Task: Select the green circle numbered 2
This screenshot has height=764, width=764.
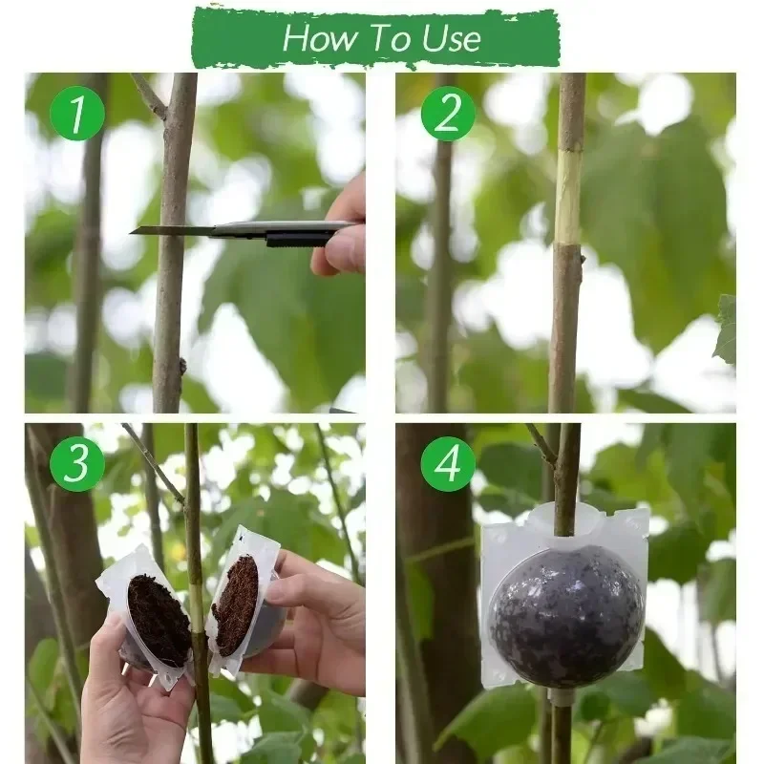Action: [x=447, y=114]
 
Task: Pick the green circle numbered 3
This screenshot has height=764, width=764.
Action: [x=76, y=464]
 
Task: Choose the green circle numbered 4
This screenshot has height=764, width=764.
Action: [x=447, y=464]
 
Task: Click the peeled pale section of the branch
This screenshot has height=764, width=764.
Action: [x=569, y=196]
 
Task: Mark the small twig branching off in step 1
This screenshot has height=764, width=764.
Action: [x=150, y=96]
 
